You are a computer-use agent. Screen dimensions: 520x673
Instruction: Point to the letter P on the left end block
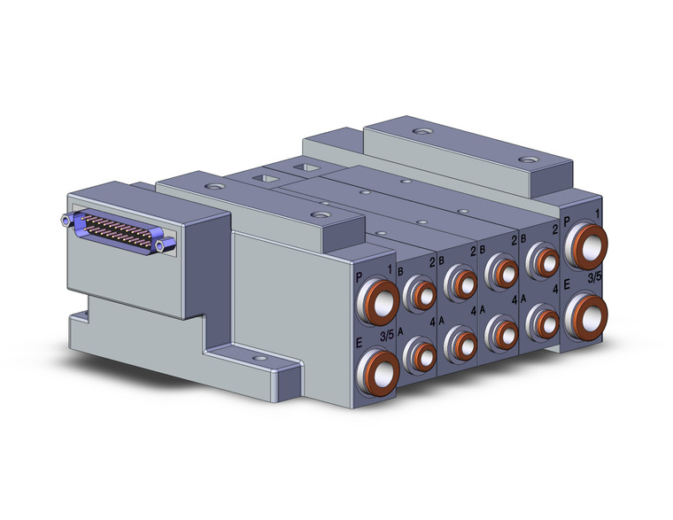coord(359,276)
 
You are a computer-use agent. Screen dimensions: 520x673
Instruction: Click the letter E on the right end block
coord(568,286)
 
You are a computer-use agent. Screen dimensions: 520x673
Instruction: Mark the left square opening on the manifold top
coord(265,178)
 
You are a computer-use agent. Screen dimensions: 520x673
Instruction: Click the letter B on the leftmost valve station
coord(400,270)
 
